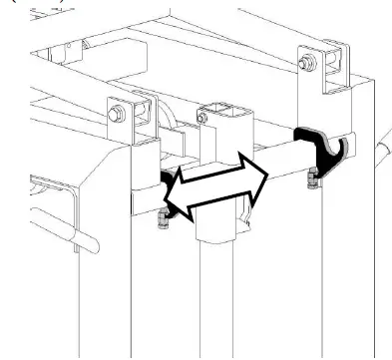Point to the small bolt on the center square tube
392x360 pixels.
(x=201, y=118)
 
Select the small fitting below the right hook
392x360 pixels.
(x=312, y=179)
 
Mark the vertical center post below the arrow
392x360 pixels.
(x=215, y=299)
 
